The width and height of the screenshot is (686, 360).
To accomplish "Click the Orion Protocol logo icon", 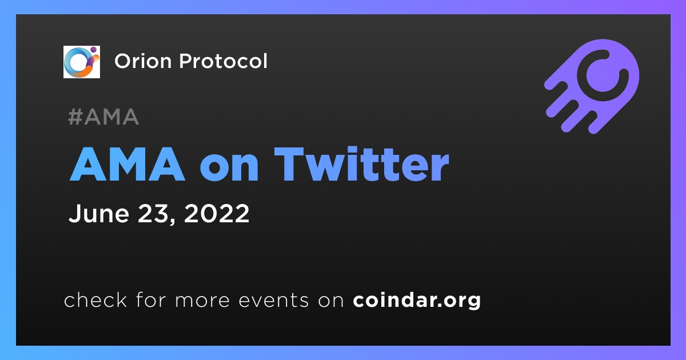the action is [x=81, y=62].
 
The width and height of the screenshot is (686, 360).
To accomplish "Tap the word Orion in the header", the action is [x=143, y=61].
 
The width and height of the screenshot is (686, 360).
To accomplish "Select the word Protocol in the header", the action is [x=224, y=61].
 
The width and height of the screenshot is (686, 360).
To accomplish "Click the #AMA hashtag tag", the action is [x=104, y=117].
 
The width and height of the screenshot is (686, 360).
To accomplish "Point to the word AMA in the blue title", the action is [x=127, y=164].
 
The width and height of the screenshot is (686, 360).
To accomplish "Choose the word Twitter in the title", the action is [x=362, y=164].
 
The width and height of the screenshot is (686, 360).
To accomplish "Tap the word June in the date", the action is [x=99, y=213].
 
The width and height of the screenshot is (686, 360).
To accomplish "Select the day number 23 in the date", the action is [x=152, y=213].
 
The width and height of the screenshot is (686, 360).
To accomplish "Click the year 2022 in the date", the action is [x=217, y=213].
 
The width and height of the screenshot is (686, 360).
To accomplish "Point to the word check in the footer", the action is [x=95, y=299].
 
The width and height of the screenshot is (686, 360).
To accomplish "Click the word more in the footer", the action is [x=202, y=301].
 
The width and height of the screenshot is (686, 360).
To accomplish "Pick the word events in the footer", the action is [x=274, y=299].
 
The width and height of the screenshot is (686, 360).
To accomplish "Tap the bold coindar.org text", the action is [x=417, y=301].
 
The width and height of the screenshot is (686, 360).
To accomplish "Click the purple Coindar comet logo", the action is [x=592, y=86].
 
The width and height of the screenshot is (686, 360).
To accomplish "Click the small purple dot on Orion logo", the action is [x=93, y=49].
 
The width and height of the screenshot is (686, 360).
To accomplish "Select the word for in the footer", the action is [x=151, y=299].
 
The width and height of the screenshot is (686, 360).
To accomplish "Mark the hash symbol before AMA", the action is [x=75, y=117].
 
